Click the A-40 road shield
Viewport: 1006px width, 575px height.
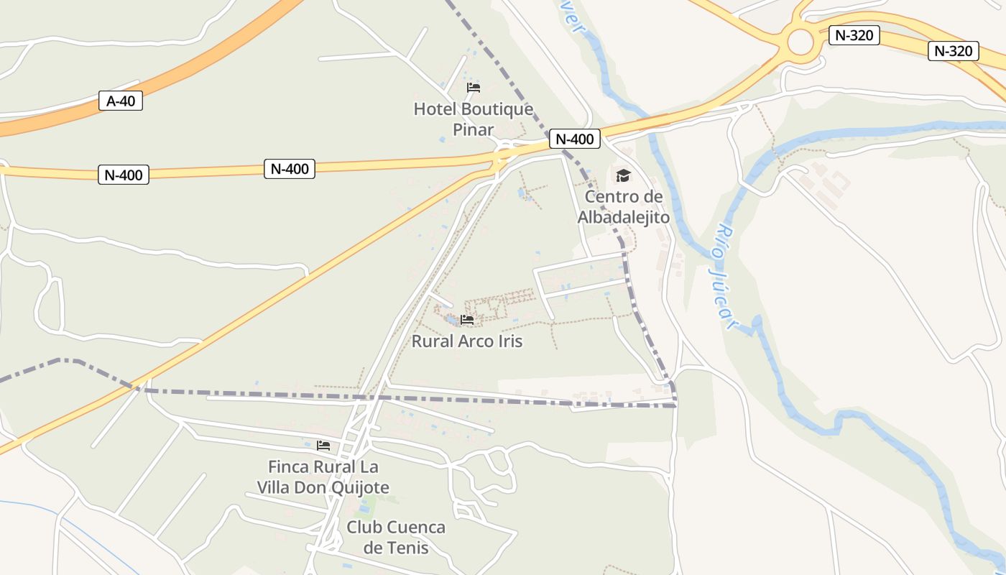point(121,101)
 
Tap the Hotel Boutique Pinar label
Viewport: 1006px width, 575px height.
point(474,119)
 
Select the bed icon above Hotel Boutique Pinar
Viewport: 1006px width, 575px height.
point(474,88)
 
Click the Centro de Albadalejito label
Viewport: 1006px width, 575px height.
point(623,206)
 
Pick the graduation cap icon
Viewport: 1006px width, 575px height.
point(623,175)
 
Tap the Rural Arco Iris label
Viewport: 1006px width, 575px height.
point(467,341)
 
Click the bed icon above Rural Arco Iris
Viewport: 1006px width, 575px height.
point(467,319)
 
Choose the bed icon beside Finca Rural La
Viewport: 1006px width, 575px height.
point(323,446)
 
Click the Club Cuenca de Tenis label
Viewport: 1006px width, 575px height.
point(396,538)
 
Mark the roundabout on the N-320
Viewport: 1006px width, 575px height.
point(800,42)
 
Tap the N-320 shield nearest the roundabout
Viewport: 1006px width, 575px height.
point(854,35)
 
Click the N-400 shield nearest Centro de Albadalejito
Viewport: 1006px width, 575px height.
point(575,139)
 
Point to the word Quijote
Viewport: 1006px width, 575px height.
point(359,488)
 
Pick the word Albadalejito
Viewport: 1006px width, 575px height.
point(623,217)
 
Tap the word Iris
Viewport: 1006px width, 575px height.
point(507,341)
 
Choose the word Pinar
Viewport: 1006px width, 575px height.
point(474,130)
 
